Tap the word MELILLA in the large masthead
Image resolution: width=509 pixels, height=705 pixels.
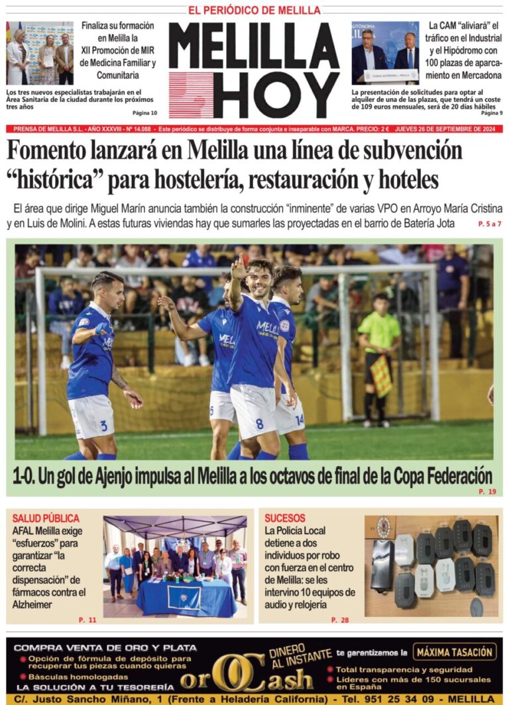(254, 46)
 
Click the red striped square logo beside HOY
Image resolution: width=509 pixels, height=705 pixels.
(191, 95)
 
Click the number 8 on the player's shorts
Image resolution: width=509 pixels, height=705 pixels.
(260, 422)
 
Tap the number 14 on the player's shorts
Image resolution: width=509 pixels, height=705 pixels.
(299, 418)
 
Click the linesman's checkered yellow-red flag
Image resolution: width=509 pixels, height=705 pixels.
(382, 376)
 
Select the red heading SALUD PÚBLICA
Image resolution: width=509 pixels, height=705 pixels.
(46, 518)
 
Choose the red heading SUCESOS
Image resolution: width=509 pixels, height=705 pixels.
(285, 518)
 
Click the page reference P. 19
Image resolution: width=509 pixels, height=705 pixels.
(486, 493)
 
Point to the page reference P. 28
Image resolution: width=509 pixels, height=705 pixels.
(339, 620)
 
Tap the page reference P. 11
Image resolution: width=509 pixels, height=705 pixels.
(87, 620)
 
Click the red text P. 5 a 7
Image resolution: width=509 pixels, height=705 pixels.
(489, 224)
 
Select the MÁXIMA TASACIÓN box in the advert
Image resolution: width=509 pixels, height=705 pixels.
(455, 652)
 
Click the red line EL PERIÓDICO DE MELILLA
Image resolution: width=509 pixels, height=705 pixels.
(254, 10)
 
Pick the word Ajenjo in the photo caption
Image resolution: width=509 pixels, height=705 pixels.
(127, 475)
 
